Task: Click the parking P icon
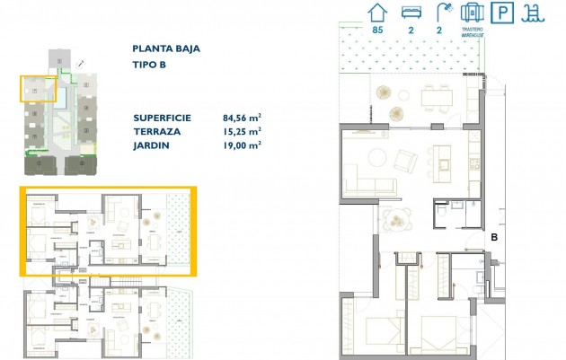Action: click(505, 13)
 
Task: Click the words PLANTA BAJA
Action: click(166, 49)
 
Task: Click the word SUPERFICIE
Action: click(163, 117)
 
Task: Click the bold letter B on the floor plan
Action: click(495, 238)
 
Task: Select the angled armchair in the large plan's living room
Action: click(404, 162)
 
